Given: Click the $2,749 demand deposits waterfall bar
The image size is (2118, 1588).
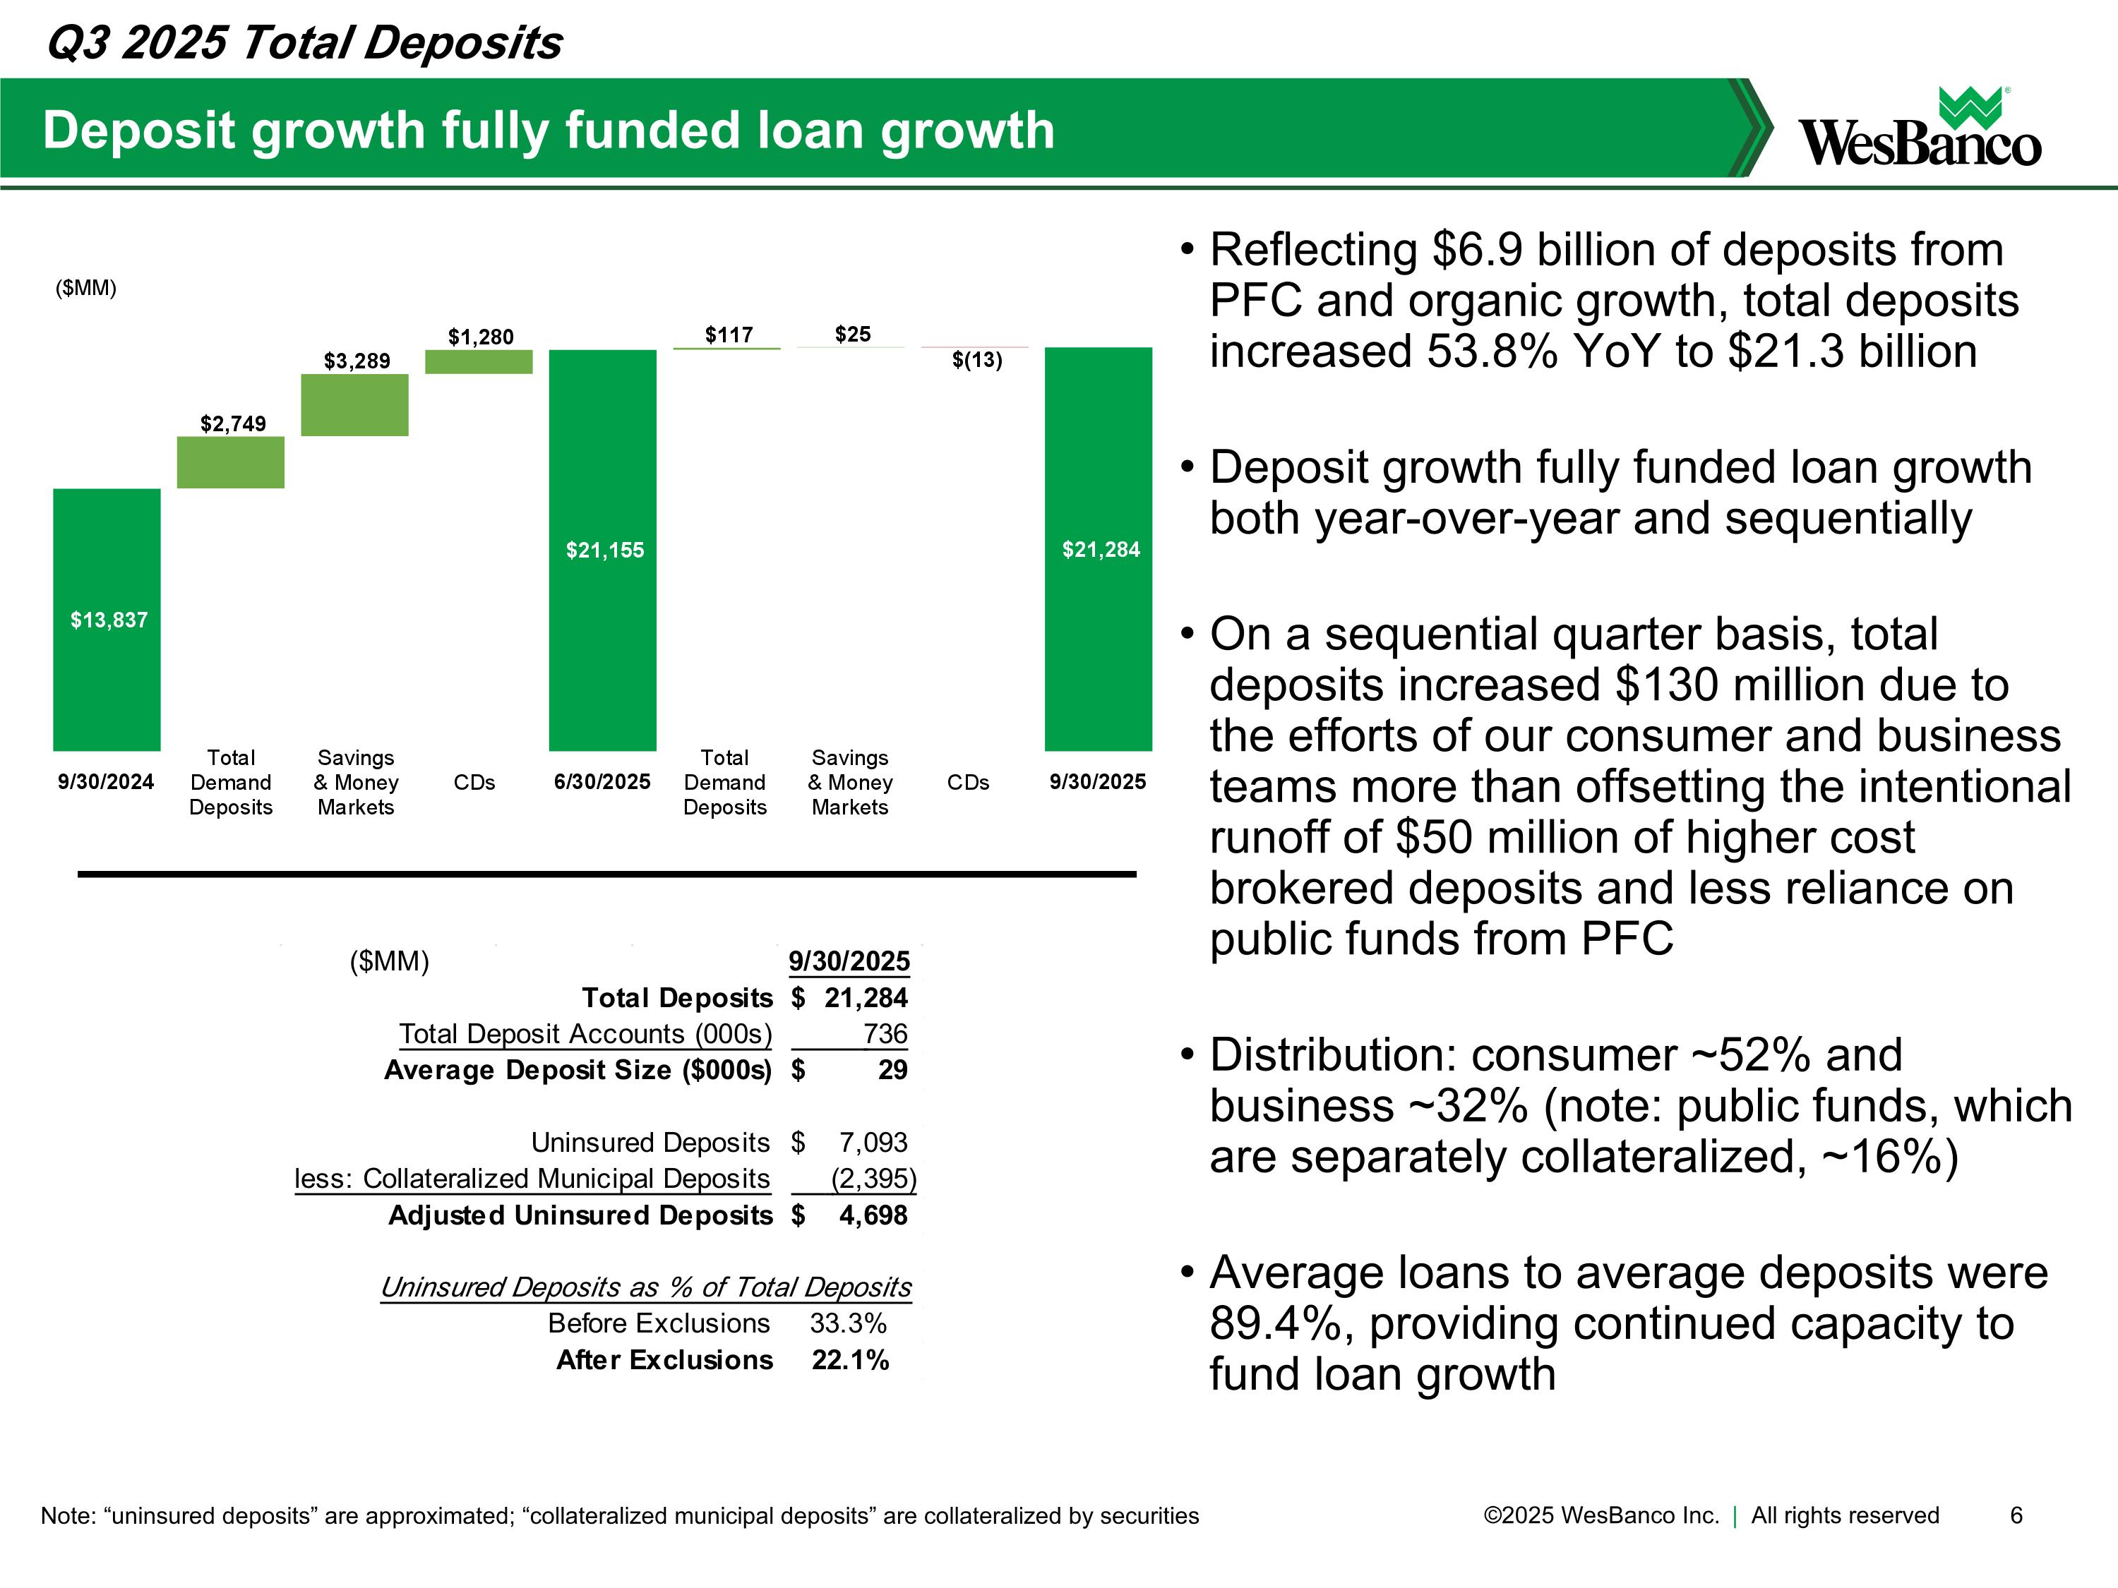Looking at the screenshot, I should click(x=231, y=462).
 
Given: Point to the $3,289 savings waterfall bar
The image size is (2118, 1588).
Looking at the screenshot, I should click(x=354, y=405).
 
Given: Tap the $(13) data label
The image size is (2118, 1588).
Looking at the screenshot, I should click(x=976, y=360).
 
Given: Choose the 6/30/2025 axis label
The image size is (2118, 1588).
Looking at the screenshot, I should click(x=602, y=782).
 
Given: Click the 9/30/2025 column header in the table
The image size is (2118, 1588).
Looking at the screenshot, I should click(x=849, y=961).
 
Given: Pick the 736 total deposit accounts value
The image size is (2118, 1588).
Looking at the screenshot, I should click(x=885, y=1034).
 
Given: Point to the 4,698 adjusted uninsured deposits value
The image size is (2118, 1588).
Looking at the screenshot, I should click(x=873, y=1215).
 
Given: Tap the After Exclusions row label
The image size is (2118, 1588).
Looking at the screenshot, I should click(x=664, y=1360).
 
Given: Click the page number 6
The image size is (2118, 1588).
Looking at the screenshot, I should click(x=2016, y=1515).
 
